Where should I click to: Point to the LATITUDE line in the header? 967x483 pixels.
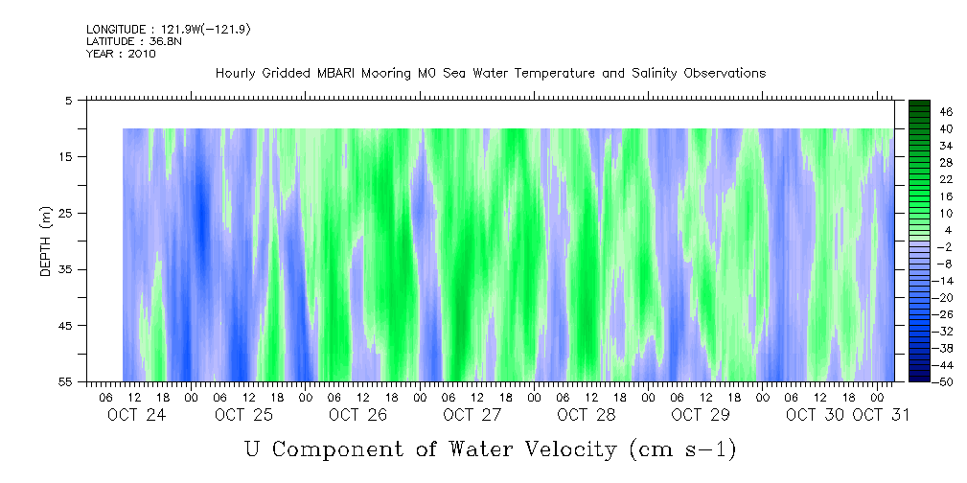pyautogui.click(x=128, y=42)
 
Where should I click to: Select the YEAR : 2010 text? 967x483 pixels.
pyautogui.click(x=121, y=54)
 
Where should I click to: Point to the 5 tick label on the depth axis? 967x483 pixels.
pyautogui.click(x=70, y=100)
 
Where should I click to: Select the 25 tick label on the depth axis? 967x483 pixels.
pyautogui.click(x=67, y=213)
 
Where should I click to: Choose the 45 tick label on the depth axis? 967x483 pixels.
pyautogui.click(x=67, y=326)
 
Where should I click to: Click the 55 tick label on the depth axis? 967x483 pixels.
pyautogui.click(x=67, y=382)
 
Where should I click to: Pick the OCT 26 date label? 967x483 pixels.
pyautogui.click(x=357, y=415)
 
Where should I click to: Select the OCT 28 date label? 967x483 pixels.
pyautogui.click(x=586, y=415)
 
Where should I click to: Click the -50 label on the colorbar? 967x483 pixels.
pyautogui.click(x=917, y=382)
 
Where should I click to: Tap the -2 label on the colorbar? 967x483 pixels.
pyautogui.click(x=919, y=246)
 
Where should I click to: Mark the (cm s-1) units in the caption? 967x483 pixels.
pyautogui.click(x=681, y=448)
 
